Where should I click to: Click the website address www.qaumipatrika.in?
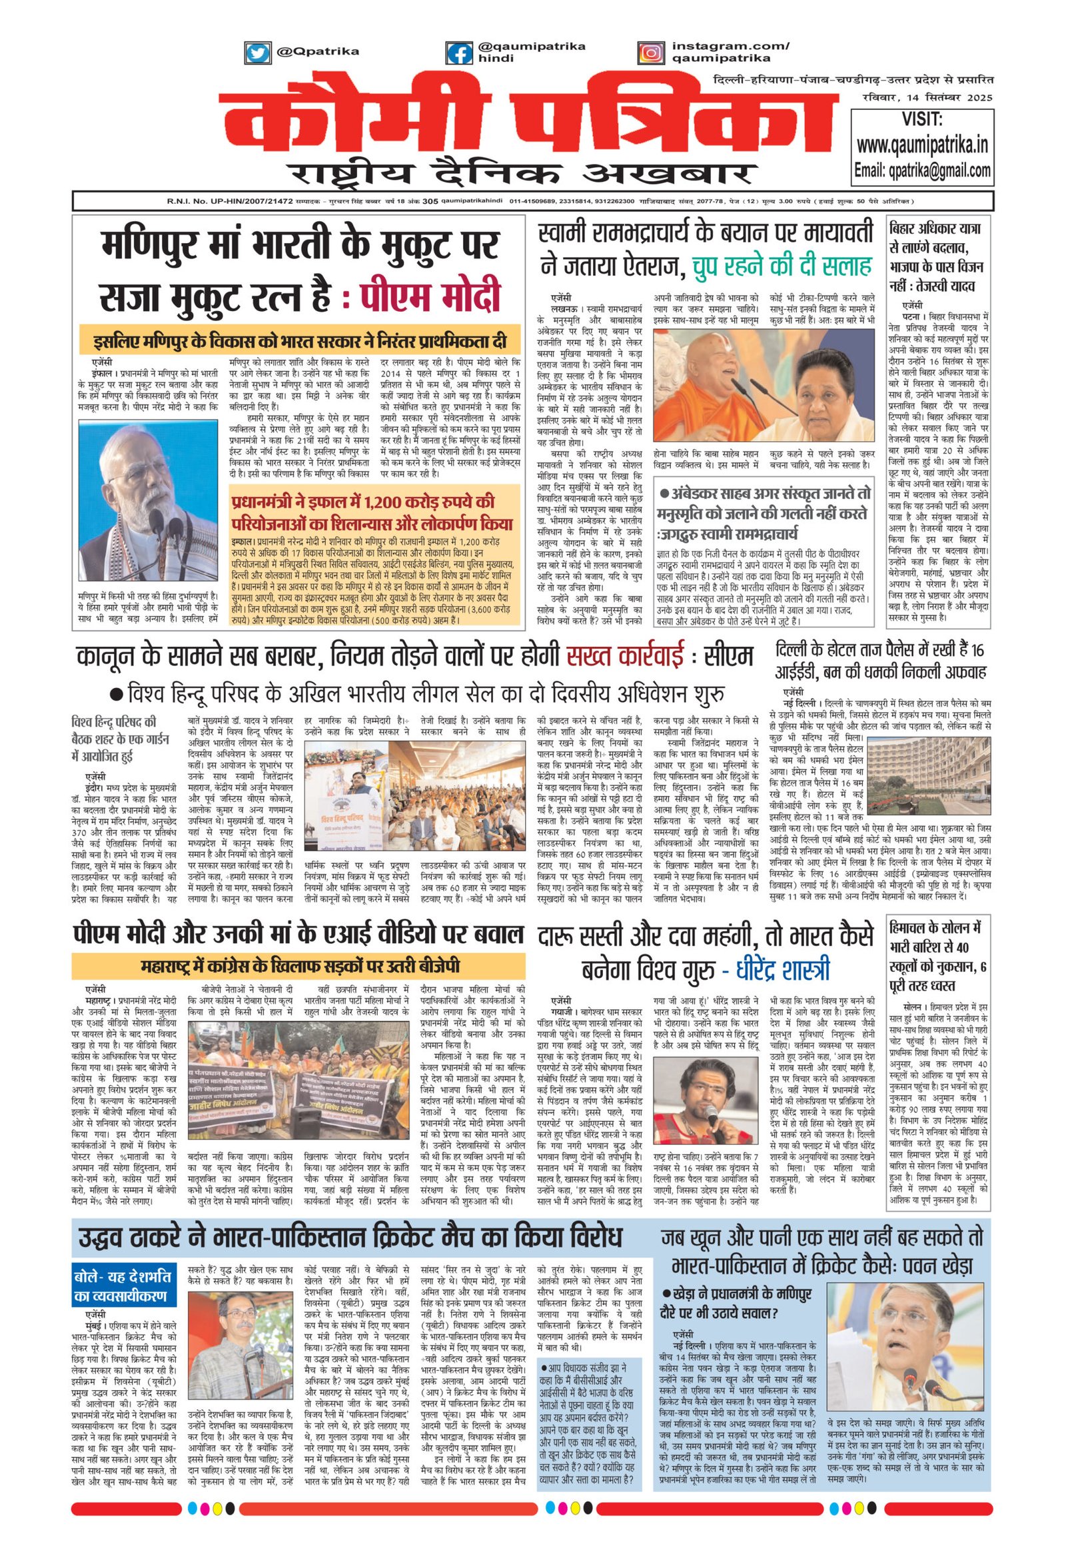pyautogui.click(x=921, y=145)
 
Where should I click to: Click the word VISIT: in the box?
pyautogui.click(x=921, y=120)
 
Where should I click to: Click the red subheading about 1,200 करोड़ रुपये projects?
pyautogui.click(x=372, y=513)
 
